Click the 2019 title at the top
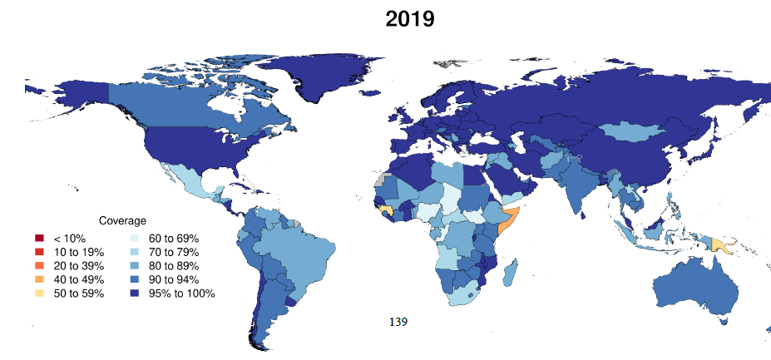(409, 19)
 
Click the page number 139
(398, 320)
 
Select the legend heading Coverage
(122, 221)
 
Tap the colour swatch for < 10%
(39, 238)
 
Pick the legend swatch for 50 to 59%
(39, 293)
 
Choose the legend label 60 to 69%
(175, 238)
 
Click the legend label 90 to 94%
(175, 279)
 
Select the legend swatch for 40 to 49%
(39, 279)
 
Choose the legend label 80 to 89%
(175, 265)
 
